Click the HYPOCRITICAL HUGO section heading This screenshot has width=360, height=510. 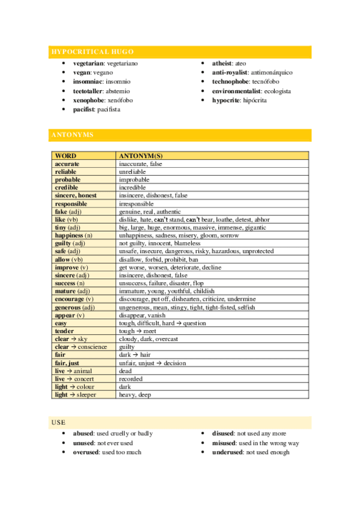[92, 52]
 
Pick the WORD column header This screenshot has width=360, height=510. [66, 156]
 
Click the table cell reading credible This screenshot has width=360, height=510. [67, 188]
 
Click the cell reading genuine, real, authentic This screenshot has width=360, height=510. [150, 212]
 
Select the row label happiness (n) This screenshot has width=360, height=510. [73, 235]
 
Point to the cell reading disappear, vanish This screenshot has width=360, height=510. [141, 315]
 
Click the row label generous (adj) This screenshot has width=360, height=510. [75, 307]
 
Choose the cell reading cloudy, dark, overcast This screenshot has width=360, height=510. [148, 339]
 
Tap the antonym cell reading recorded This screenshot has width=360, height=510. [131, 379]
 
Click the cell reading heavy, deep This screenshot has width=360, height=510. [135, 395]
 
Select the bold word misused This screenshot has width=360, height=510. [225, 443]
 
